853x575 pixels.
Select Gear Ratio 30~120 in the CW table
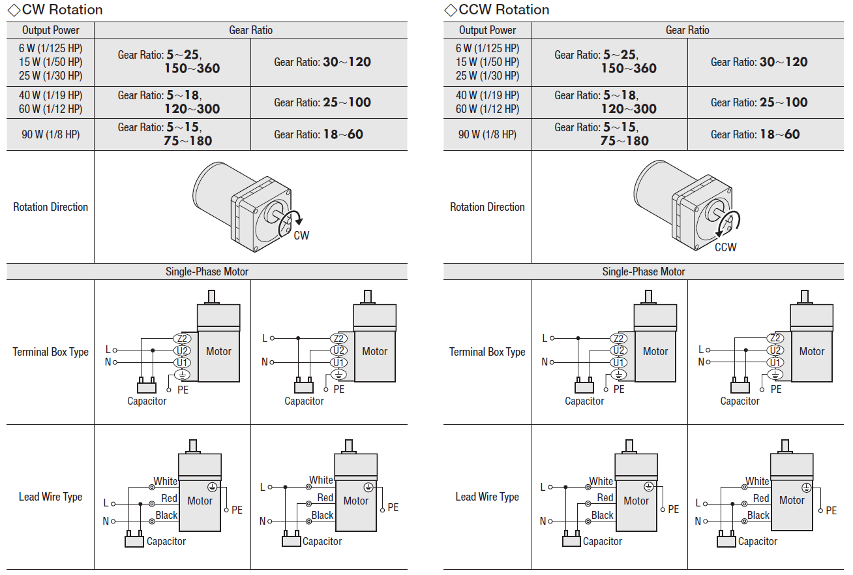322,62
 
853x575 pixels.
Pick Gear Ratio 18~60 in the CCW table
755,134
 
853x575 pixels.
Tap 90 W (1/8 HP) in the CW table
50,134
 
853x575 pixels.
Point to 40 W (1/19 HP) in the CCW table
487,95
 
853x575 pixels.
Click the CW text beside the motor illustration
301,236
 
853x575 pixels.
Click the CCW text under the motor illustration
725,247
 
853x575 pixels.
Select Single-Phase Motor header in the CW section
207,272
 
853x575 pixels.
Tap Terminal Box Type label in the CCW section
487,352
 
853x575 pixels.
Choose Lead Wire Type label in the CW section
50,497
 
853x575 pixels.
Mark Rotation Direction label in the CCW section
487,207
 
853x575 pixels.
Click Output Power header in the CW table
50,30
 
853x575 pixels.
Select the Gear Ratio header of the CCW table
687,30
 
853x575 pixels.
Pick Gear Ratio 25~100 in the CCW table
759,102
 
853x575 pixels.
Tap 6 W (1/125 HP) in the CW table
50,48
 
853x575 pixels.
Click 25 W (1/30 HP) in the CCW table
487,76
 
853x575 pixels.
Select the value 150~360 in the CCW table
629,69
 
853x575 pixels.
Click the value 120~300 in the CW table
192,109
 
